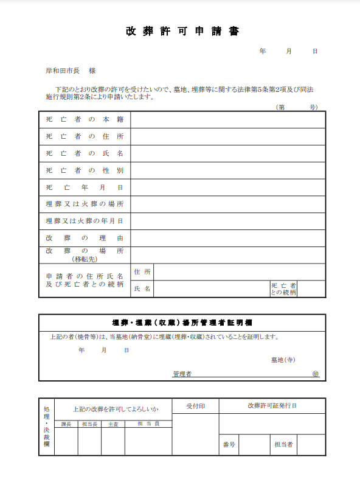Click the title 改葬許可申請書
tap(182, 32)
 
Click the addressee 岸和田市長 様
tap(71, 71)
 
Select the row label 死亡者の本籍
tap(85, 120)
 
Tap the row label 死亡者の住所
tap(85, 137)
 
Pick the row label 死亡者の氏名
tap(85, 153)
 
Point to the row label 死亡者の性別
tap(85, 170)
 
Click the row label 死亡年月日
tap(85, 187)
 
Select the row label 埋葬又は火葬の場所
tap(85, 204)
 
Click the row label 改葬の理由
tap(85, 238)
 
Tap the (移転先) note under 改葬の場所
tap(85, 259)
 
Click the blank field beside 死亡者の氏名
tap(228, 153)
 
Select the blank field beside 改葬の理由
tap(228, 238)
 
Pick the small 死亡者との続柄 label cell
tap(283, 288)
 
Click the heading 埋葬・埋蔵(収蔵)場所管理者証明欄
tap(182, 322)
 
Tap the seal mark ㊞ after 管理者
tap(315, 374)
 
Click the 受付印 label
tap(195, 406)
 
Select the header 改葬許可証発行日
tap(272, 406)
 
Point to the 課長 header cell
tap(66, 424)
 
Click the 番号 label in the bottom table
tap(229, 444)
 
